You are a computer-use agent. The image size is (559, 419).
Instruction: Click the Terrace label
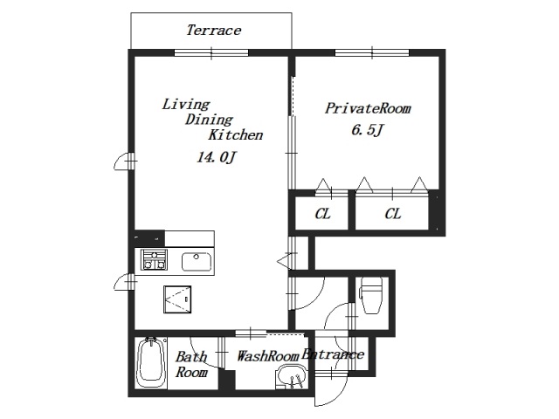[x=213, y=31]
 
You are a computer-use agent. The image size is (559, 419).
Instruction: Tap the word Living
[x=186, y=105]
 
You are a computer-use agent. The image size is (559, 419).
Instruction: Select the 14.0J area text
[x=216, y=157]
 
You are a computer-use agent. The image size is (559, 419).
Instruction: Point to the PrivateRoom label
[x=368, y=108]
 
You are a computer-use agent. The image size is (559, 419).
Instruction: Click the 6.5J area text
[x=368, y=130]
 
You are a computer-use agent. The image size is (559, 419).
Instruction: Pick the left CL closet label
[x=322, y=214]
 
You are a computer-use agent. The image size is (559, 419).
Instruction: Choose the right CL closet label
[x=392, y=214]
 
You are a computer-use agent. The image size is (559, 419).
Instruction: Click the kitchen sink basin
[x=197, y=262]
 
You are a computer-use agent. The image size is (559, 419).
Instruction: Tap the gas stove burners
[x=154, y=259]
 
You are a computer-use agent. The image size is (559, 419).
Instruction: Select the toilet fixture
[x=371, y=295]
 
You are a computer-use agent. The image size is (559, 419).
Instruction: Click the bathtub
[x=151, y=363]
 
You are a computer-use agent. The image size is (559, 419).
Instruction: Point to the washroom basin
[x=291, y=377]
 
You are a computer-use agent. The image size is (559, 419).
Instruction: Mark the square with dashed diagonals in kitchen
[x=177, y=299]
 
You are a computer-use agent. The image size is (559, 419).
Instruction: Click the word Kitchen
[x=236, y=135]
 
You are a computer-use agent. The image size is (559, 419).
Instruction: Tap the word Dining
[x=209, y=120]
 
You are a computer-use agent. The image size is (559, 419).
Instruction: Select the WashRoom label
[x=268, y=356]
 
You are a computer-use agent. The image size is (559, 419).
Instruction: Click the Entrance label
[x=333, y=354]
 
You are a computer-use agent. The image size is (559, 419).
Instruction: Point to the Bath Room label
[x=191, y=365]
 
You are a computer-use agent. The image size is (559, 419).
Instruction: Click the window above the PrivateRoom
[x=372, y=53]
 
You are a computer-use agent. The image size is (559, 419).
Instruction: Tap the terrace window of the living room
[x=211, y=53]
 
